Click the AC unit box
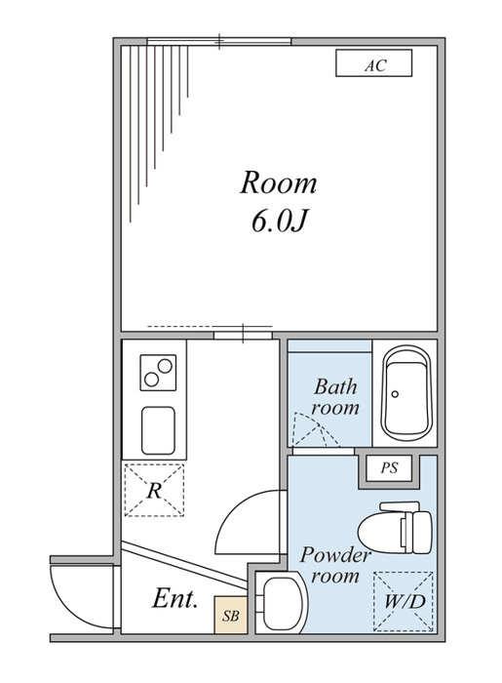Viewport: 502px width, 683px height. click(373, 63)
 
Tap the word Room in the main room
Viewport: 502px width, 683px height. click(279, 182)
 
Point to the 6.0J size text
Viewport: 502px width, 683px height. click(279, 221)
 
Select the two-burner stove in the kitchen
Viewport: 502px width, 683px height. click(158, 373)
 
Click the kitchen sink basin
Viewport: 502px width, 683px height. click(158, 430)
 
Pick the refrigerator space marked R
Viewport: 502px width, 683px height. click(154, 490)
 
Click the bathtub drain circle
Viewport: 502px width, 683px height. click(395, 394)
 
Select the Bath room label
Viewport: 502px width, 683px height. click(335, 397)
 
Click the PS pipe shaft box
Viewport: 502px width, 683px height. click(389, 468)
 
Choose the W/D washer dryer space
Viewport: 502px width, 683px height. click(404, 602)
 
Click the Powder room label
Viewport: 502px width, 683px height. click(335, 565)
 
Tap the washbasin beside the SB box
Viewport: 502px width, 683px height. click(282, 602)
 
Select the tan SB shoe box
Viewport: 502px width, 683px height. click(231, 615)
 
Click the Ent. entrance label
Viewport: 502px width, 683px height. click(174, 598)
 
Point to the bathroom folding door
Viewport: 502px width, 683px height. click(317, 429)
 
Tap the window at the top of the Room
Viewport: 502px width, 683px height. click(218, 42)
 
